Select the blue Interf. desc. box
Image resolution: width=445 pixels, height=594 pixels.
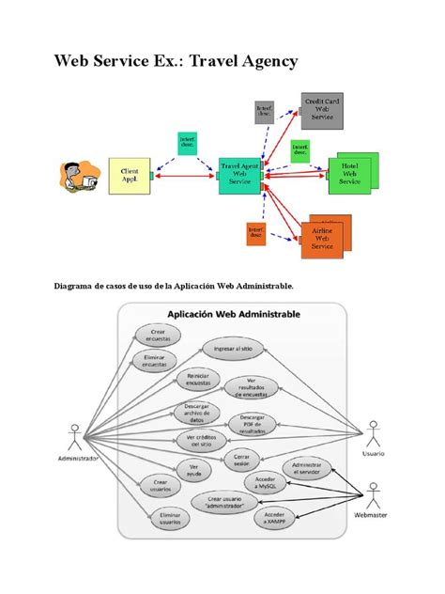pos(188,143)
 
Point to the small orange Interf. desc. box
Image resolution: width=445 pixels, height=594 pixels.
pos(254,232)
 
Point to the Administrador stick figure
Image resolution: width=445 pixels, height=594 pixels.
pos(73,440)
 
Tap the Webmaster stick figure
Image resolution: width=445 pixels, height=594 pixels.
pos(373,495)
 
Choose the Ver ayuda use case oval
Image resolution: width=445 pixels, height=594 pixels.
pos(193,469)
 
